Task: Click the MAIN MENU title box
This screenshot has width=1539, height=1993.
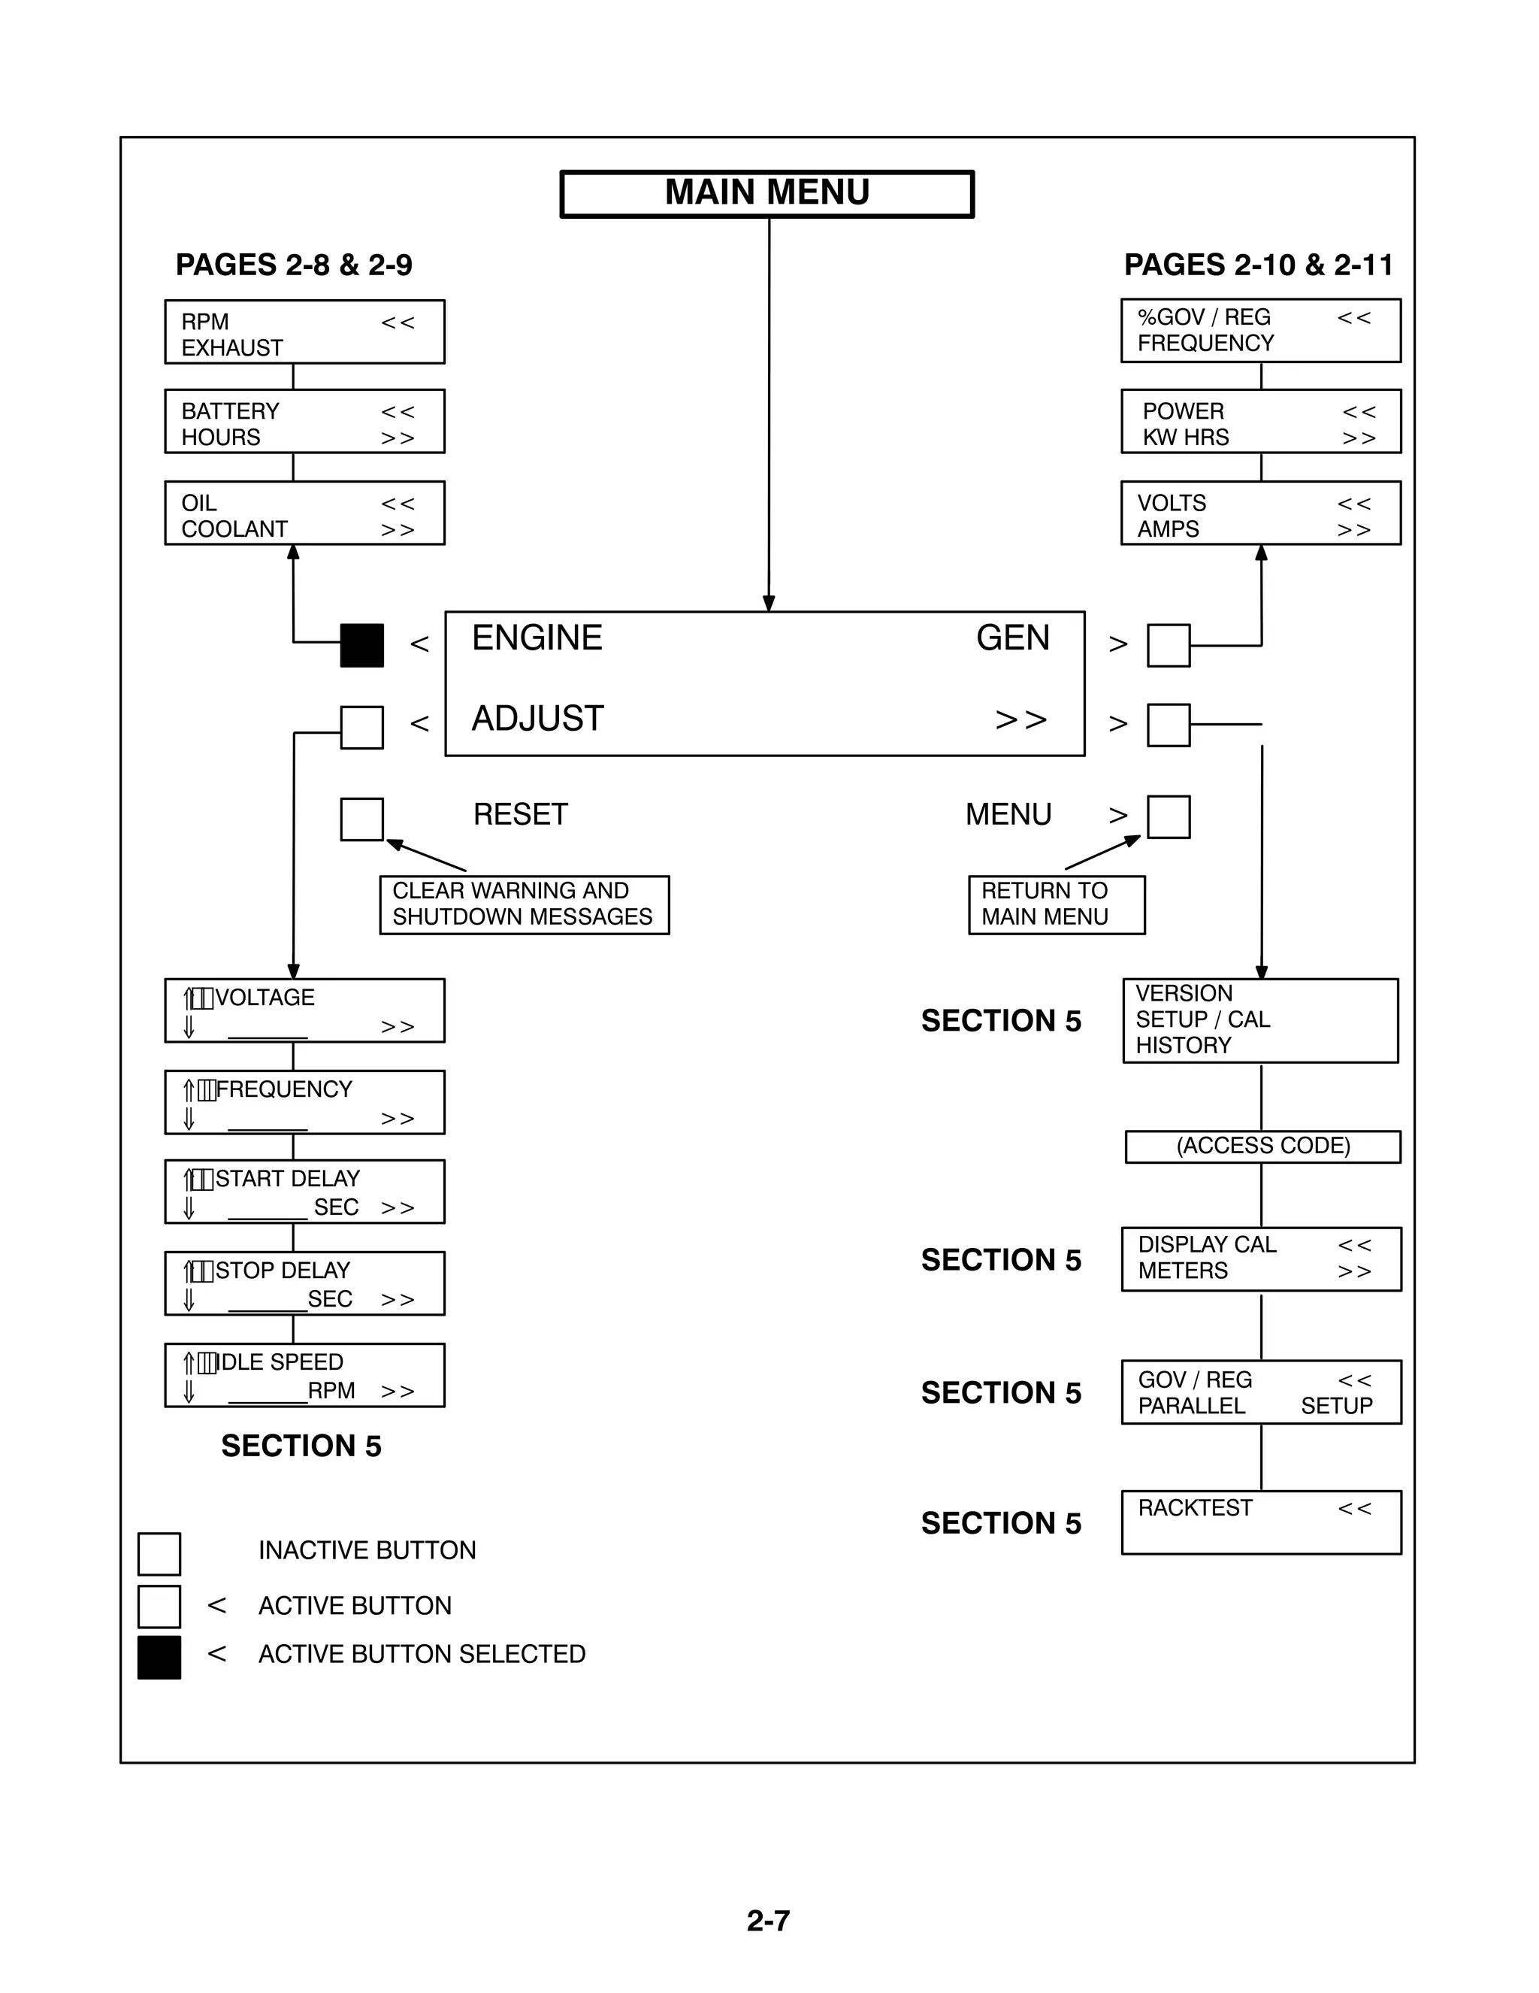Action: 766,193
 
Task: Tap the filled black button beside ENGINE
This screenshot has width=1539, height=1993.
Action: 361,645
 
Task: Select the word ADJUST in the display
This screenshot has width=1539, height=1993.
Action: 537,719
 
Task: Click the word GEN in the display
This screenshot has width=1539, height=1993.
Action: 1013,638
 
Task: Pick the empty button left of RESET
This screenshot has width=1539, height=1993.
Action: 361,819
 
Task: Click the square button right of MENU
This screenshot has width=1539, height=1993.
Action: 1168,816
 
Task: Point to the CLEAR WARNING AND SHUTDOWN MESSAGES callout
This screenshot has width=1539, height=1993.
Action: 524,904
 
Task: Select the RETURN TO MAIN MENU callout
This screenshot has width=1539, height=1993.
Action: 1056,904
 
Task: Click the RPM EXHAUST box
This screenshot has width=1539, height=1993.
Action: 304,332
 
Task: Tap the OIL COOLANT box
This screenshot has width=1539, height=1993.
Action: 304,513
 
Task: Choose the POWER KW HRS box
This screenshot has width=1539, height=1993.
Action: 1260,422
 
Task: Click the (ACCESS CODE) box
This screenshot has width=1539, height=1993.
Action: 1262,1146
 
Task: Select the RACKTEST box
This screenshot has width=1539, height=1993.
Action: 1261,1522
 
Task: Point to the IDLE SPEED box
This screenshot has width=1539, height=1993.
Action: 304,1375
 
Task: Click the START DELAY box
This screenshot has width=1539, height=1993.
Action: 304,1192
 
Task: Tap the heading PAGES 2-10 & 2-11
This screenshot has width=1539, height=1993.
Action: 1258,265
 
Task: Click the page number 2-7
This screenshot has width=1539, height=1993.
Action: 768,1920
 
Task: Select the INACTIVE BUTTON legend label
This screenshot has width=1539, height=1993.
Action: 367,1550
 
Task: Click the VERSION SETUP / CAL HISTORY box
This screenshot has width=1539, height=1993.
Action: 1260,1020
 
